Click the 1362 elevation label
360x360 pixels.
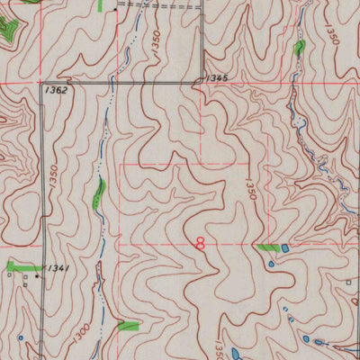tap(55, 91)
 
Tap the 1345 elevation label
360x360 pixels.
tap(215, 79)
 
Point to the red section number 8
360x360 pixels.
tap(200, 243)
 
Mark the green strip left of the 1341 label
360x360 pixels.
tap(22, 266)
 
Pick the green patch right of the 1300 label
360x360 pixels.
tap(128, 325)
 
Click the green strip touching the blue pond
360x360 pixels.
tap(267, 246)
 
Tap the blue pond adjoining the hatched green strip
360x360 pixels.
tap(285, 247)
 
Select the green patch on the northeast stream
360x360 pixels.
tap(300, 46)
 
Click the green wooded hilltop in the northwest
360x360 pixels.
tap(10, 31)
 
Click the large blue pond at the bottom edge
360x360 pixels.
tap(232, 353)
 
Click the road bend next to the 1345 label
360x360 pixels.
tap(201, 83)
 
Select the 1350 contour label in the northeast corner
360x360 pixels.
tap(333, 34)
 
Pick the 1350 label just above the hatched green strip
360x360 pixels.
tap(249, 190)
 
